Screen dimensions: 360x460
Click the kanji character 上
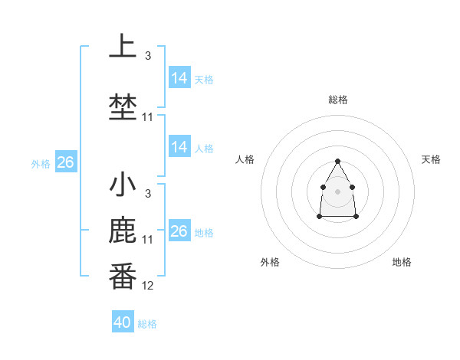(123, 47)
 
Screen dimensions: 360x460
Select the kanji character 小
(123, 185)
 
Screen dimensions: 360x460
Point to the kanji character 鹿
(123, 232)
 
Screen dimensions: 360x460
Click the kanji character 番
(123, 277)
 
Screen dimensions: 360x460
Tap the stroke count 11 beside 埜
(148, 116)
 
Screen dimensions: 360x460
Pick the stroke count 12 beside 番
(148, 286)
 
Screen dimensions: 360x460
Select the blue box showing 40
(122, 322)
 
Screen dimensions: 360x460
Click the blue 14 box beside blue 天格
(179, 78)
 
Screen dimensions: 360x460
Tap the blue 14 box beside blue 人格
(179, 147)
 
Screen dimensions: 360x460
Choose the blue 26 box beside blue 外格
(65, 162)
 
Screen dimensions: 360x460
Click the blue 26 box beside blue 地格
(179, 231)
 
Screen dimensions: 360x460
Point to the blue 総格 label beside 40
(147, 324)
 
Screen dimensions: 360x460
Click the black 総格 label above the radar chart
(337, 100)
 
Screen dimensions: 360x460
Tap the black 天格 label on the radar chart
(431, 159)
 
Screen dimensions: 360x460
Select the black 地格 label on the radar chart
(402, 262)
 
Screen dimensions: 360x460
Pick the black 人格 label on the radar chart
(245, 159)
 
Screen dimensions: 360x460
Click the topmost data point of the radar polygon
(337, 161)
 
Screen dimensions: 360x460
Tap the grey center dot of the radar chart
(337, 191)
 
